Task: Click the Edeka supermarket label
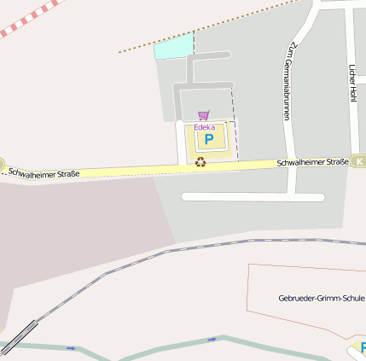pos(204,127)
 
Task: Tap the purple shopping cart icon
pos(203,115)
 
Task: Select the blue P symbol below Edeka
pos(208,139)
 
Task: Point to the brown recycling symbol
pos(200,161)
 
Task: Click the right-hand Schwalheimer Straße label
pos(312,162)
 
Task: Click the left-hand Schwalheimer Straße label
pos(44,173)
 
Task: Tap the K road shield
pos(359,160)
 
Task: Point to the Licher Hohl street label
pos(351,84)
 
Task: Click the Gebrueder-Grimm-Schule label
pos(321,299)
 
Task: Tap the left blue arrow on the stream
pos(71,348)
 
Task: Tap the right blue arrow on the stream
pos(212,340)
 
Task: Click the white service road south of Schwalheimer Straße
pos(253,197)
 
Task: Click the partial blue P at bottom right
pos(363,347)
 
